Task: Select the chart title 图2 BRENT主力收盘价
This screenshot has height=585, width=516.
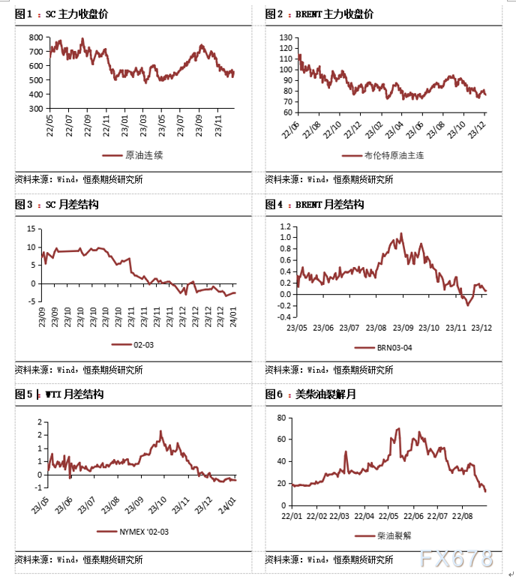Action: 319,14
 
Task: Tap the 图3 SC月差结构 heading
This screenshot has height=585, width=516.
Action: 58,204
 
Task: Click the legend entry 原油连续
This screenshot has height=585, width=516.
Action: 135,155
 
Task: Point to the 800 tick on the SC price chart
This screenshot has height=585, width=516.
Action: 34,37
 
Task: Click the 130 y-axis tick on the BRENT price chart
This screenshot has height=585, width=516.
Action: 285,37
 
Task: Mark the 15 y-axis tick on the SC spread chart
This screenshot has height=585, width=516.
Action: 31,229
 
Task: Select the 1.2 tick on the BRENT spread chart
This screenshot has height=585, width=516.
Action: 285,226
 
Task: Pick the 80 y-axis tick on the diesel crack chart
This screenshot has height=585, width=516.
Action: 283,418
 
